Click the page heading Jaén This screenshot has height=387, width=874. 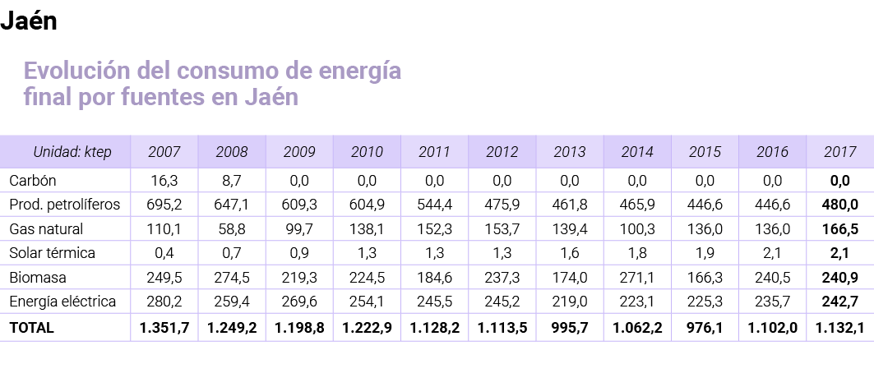(29, 21)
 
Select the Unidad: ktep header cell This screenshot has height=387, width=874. (72, 152)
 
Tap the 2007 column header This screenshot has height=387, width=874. (164, 152)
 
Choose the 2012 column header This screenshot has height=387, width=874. (502, 152)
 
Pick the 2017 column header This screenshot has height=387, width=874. (839, 152)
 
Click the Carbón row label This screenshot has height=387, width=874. (32, 179)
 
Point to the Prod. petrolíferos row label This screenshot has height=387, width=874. (64, 204)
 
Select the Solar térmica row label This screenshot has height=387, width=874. (52, 253)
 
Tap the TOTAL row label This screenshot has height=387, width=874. (31, 328)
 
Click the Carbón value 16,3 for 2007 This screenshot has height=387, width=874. (164, 179)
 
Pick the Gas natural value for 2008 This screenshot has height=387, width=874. (232, 228)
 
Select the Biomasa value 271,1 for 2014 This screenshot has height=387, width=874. (637, 278)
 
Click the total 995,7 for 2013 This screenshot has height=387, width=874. (569, 328)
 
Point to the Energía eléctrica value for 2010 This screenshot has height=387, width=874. (367, 302)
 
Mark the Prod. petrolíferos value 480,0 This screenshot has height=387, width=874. (839, 204)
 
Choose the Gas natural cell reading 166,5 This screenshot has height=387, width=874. (839, 228)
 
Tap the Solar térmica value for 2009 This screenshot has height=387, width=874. (299, 253)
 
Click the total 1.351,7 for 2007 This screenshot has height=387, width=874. (164, 328)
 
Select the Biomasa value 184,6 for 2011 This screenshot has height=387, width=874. (434, 278)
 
